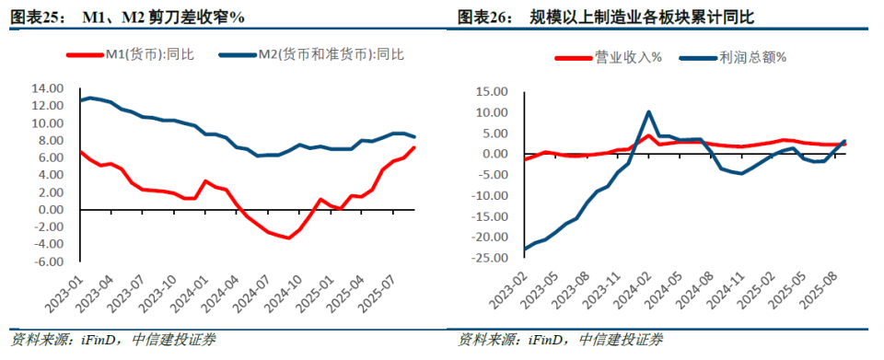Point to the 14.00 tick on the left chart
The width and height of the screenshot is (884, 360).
46,88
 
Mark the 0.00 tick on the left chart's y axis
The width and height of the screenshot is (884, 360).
49,210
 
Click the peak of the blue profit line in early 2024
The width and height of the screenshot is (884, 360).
649,112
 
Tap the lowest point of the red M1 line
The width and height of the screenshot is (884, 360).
288,238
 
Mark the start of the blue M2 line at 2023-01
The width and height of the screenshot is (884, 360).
80,99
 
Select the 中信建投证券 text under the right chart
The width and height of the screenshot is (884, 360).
619,340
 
